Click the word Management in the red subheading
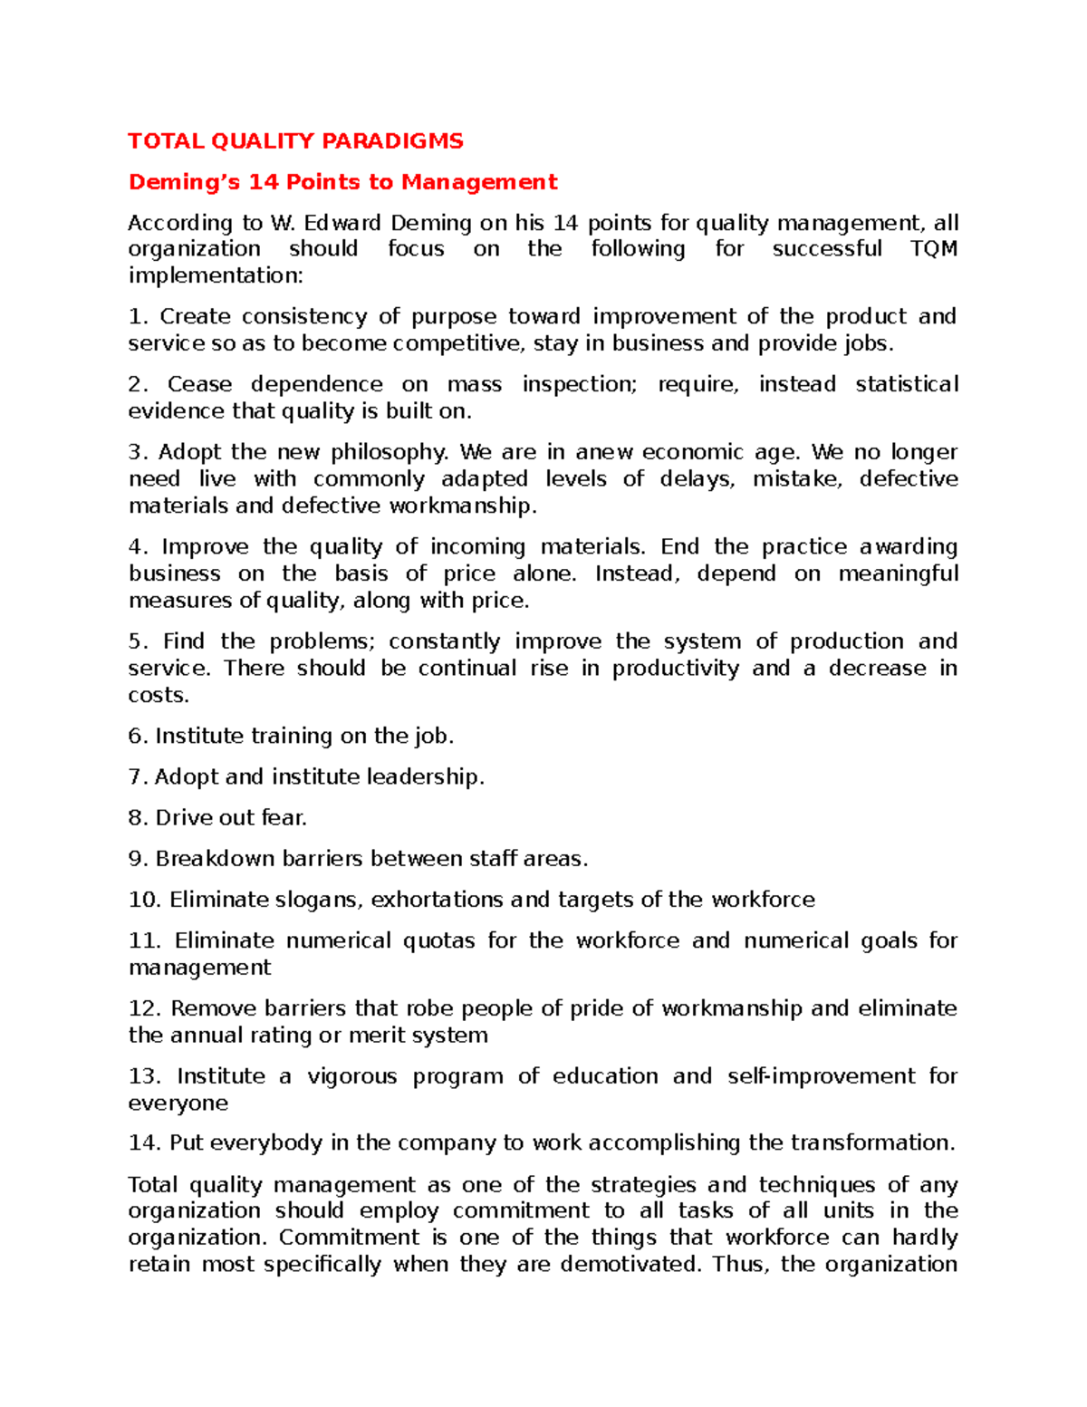479,182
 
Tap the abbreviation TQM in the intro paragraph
933,249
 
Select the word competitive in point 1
457,343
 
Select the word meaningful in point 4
898,573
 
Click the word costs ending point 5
159,695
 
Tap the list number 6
137,736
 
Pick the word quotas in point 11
438,940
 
